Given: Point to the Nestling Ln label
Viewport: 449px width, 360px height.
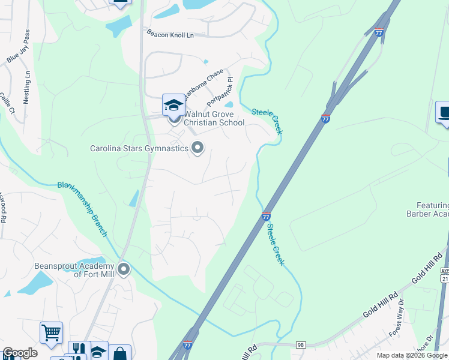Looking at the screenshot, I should (x=27, y=88).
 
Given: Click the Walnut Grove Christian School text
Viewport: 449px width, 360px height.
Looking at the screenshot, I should (x=214, y=118).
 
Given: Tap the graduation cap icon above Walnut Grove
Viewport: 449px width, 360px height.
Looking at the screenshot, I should (x=173, y=106).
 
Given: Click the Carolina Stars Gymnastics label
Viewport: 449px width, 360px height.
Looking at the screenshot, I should (x=139, y=148).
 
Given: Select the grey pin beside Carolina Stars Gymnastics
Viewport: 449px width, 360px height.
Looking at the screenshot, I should (x=197, y=148).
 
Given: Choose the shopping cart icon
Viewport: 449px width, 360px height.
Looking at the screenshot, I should (x=51, y=332).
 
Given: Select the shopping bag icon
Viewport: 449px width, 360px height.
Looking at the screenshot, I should (x=119, y=354).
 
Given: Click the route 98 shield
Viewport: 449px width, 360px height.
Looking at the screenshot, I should (x=301, y=345).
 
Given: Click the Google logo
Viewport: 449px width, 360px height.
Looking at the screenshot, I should (x=20, y=353).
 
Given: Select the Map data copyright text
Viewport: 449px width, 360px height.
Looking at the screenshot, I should (x=411, y=355).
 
